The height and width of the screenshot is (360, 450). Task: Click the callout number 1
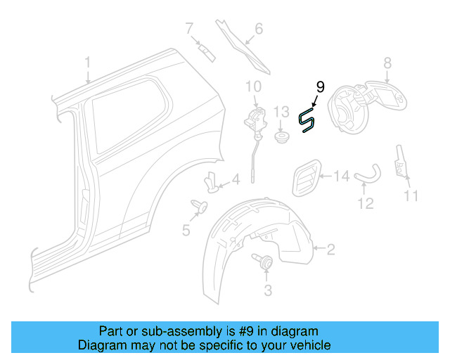tap(88, 63)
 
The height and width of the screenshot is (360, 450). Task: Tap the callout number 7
tap(189, 29)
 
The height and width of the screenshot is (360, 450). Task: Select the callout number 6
tap(258, 29)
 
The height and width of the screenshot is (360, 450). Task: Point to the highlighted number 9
tap(320, 87)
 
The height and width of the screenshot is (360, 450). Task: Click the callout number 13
tap(281, 112)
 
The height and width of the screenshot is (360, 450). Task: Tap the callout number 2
tap(331, 248)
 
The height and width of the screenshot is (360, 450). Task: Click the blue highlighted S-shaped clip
tap(307, 120)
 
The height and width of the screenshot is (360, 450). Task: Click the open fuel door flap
tap(390, 94)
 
